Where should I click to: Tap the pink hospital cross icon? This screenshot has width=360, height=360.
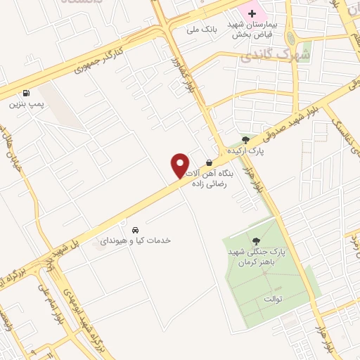pyautogui.click(x=252, y=14)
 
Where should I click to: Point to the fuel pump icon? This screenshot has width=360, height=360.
pyautogui.click(x=26, y=92)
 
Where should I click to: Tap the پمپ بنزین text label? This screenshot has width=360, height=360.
pyautogui.click(x=26, y=105)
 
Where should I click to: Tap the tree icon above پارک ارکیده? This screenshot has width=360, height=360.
pyautogui.click(x=245, y=139)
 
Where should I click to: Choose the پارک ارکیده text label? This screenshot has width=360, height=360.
pyautogui.click(x=245, y=151)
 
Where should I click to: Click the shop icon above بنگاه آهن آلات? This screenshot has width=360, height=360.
pyautogui.click(x=209, y=161)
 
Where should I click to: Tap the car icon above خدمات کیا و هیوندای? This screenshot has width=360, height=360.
pyautogui.click(x=134, y=229)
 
